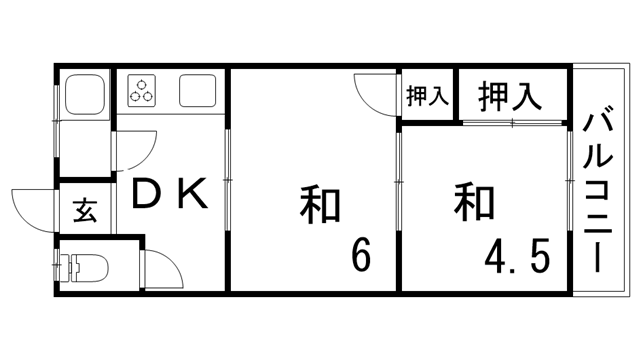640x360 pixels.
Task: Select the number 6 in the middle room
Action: click(360, 256)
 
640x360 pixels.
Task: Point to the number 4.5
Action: click(516, 257)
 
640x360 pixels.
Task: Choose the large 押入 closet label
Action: click(510, 97)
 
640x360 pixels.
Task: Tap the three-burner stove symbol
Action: click(142, 90)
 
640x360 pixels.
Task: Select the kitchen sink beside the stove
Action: click(195, 91)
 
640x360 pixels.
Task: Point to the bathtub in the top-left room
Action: click(83, 94)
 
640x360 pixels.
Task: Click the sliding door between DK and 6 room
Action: click(229, 179)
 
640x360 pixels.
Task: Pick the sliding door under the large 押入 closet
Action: click(513, 123)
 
